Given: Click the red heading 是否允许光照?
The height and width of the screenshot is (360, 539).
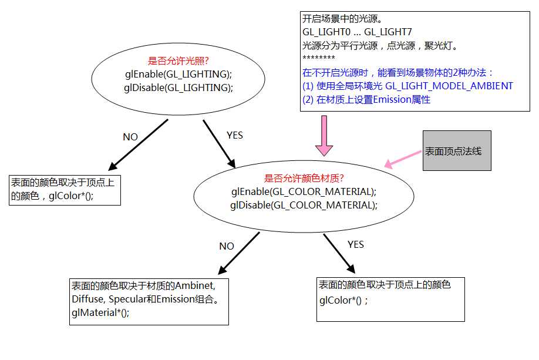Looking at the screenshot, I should tap(178, 60).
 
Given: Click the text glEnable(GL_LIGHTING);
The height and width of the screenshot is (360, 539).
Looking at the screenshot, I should tap(178, 74).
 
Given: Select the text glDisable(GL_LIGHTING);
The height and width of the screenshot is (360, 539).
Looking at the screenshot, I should tap(178, 88).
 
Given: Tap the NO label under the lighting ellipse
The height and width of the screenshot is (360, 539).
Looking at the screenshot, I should tap(130, 137).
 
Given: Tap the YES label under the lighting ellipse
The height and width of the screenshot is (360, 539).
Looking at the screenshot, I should tap(234, 135).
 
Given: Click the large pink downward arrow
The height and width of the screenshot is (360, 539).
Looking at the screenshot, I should tap(323, 136).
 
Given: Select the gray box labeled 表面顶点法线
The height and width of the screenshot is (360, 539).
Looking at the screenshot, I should tap(453, 151).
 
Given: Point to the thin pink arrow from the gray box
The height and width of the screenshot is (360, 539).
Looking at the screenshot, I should tap(404, 159).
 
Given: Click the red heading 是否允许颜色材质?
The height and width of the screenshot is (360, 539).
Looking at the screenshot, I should tap(304, 179).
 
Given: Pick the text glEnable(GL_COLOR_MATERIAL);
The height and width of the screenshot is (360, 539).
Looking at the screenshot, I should tap(304, 191).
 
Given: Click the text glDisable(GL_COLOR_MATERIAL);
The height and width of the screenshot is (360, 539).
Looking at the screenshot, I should tap(304, 205).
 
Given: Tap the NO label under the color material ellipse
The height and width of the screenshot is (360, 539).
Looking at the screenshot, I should tap(227, 246).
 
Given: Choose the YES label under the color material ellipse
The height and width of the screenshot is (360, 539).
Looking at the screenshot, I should tap(356, 244).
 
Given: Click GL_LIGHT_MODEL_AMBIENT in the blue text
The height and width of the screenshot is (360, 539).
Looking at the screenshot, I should tap(449, 86).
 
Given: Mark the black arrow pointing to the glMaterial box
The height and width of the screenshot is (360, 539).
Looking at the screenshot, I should tap(239, 253).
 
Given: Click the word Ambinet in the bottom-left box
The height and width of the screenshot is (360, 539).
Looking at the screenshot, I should tap(196, 285).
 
